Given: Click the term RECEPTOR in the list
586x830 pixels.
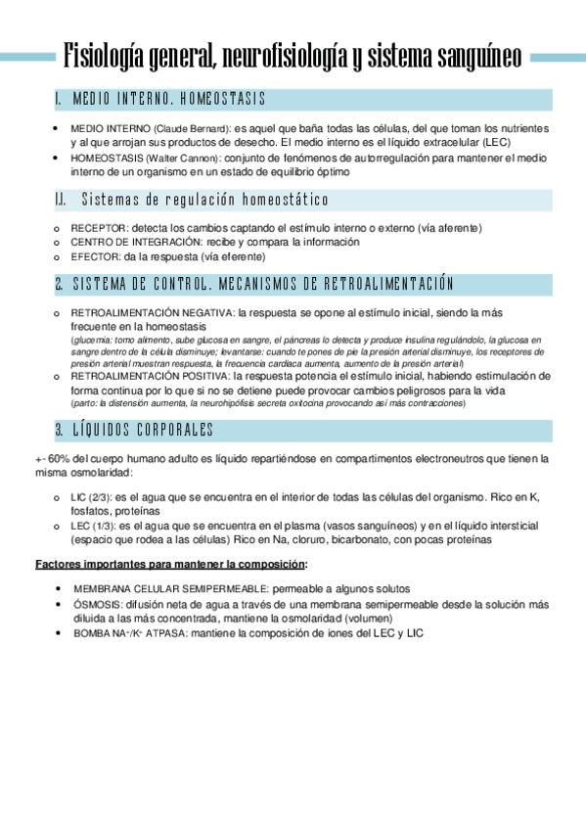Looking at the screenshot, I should (96, 228).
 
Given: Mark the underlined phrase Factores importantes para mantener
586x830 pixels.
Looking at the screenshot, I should (123, 565).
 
